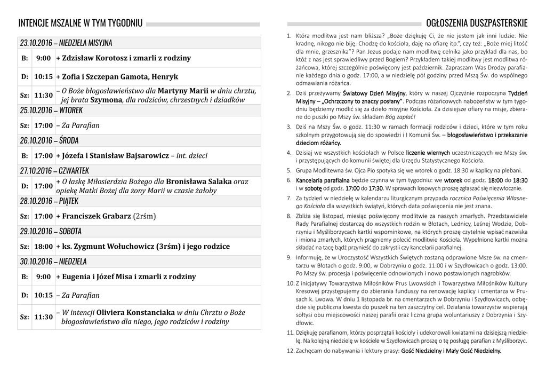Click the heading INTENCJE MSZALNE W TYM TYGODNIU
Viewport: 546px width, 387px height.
80,23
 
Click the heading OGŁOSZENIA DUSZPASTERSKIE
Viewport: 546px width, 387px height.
477,23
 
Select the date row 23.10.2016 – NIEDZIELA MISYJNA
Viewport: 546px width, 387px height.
66,43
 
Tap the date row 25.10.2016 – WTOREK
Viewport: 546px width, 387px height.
51,110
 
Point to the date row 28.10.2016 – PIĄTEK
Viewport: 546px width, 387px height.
49,201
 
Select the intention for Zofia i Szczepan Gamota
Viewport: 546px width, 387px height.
117,77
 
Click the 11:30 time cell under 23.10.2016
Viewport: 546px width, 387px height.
43,96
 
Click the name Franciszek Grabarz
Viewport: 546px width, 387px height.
96,217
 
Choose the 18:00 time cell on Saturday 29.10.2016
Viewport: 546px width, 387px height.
43,247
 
